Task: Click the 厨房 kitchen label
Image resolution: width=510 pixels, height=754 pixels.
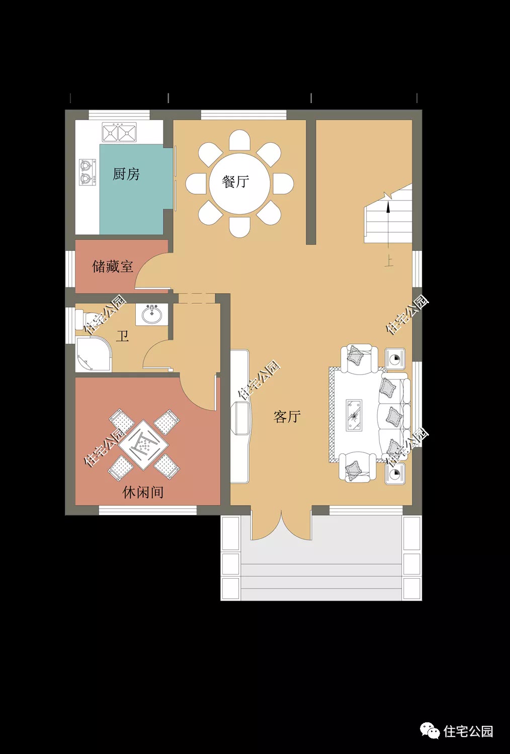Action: pyautogui.click(x=126, y=174)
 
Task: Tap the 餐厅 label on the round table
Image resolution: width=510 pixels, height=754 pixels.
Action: pyautogui.click(x=235, y=182)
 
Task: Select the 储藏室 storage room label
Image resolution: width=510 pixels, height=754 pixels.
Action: pyautogui.click(x=113, y=266)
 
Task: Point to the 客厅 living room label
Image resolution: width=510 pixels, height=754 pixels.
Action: pyautogui.click(x=287, y=417)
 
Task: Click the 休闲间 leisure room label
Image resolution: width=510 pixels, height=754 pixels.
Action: pyautogui.click(x=143, y=493)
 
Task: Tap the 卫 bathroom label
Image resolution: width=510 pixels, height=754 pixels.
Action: pyautogui.click(x=122, y=336)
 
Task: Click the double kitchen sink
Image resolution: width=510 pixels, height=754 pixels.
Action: pyautogui.click(x=119, y=132)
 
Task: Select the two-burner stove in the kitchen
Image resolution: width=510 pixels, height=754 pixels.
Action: pyautogui.click(x=87, y=172)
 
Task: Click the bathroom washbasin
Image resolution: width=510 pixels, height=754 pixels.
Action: pyautogui.click(x=151, y=314)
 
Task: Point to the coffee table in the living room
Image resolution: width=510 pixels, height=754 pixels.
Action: pyautogui.click(x=355, y=415)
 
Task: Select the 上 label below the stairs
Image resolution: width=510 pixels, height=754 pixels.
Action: pyautogui.click(x=389, y=262)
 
